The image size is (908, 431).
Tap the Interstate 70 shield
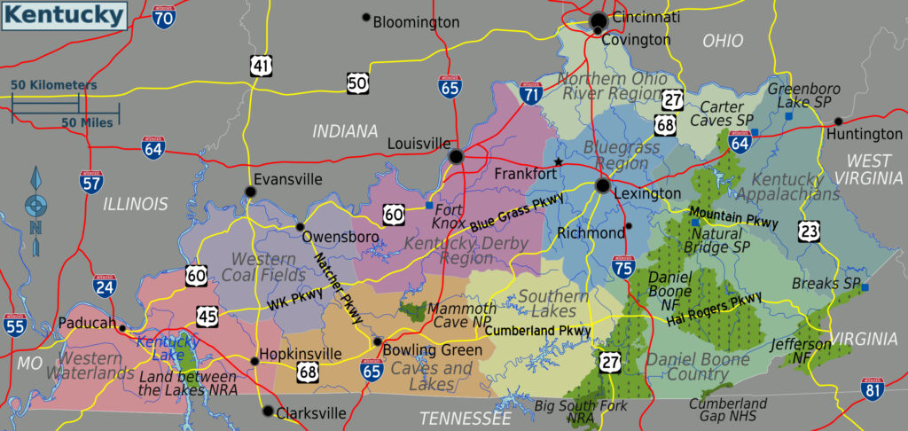163,15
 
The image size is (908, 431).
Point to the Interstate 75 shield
623,266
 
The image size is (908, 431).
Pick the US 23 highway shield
809,231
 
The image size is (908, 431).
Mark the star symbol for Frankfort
558,161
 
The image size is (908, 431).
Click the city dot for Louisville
456,157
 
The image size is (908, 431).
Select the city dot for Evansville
251,192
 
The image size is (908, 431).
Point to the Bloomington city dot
365,17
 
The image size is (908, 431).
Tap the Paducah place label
86,324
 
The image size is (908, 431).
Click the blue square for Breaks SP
865,287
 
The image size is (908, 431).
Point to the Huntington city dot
838,121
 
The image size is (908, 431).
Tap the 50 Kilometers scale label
53,85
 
